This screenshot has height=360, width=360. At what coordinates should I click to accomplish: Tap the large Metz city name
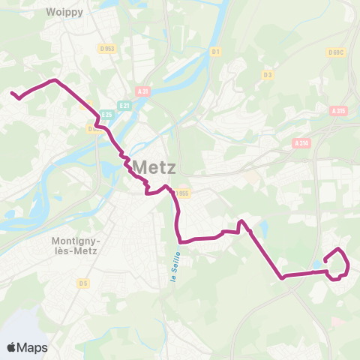[x=154, y=166]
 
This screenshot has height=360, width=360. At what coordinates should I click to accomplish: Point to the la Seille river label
[x=172, y=268]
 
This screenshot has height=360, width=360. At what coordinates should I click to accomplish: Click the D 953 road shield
[x=107, y=49]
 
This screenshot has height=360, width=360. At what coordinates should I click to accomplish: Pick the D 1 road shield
[x=215, y=52]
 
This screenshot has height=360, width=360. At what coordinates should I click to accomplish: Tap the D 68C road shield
[x=334, y=52]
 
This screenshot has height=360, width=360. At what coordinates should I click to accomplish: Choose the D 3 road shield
[x=268, y=74]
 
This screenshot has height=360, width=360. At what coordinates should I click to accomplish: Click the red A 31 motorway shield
[x=144, y=92]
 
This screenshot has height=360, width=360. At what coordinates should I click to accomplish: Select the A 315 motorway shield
[x=339, y=110]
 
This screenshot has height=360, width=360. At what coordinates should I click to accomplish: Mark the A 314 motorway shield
[x=301, y=142]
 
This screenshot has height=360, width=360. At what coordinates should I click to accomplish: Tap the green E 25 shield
[x=106, y=115]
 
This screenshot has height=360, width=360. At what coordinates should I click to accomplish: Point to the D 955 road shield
[x=181, y=193]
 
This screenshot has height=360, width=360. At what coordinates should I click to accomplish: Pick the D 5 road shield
[x=83, y=283]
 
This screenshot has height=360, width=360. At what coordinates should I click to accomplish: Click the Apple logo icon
[x=13, y=347]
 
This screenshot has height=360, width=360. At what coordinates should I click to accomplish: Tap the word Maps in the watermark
[x=33, y=347]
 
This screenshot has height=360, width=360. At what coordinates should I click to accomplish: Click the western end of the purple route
[x=12, y=93]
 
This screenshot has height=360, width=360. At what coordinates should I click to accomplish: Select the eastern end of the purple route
[x=325, y=260]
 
